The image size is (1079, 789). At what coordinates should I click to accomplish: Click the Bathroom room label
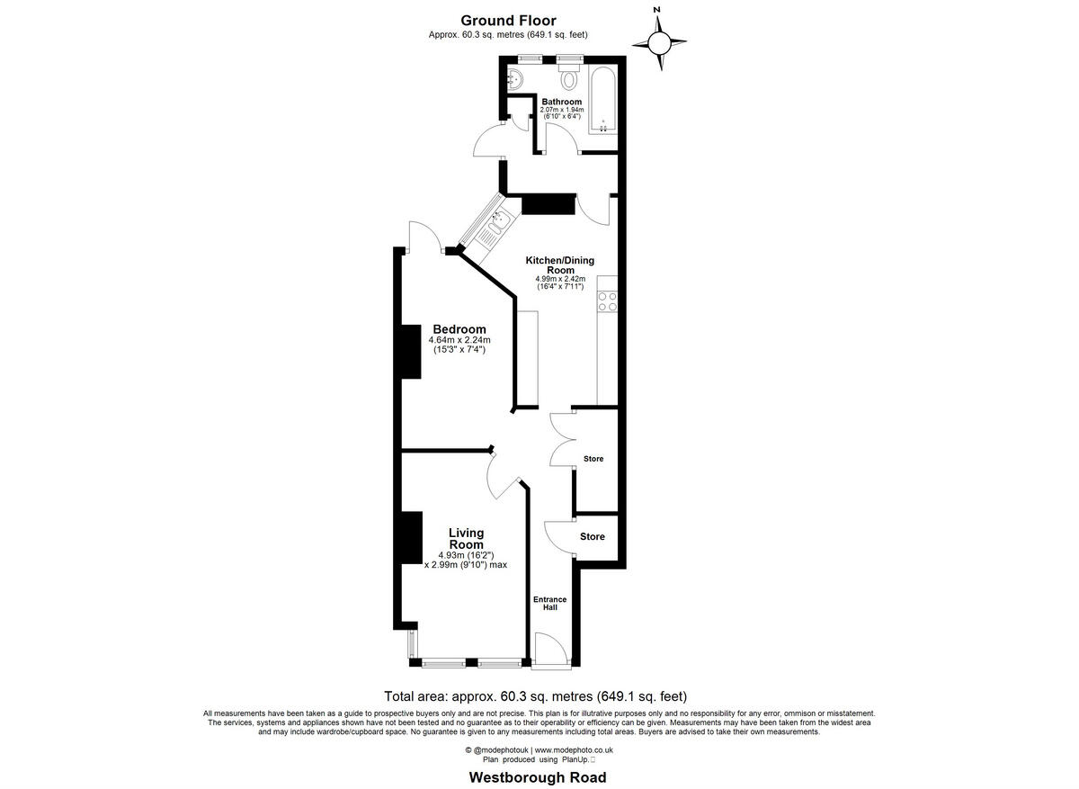point(561,102)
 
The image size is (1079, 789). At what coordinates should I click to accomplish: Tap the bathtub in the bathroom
point(603,99)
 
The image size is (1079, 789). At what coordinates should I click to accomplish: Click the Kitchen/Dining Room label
point(560,264)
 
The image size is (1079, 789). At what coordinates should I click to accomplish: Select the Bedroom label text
point(459,329)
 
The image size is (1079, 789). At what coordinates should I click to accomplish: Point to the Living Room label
point(466,539)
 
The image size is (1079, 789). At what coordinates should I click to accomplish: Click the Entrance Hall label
point(549,603)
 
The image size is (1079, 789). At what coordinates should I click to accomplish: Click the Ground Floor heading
point(508,21)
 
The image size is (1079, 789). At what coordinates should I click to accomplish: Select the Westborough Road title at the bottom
point(538,777)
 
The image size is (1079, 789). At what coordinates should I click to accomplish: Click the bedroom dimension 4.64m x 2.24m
point(459,340)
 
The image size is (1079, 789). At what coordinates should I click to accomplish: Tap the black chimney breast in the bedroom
point(410,352)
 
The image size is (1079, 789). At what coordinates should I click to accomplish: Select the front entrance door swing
point(548,650)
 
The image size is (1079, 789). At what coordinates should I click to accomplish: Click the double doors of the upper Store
point(562,439)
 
